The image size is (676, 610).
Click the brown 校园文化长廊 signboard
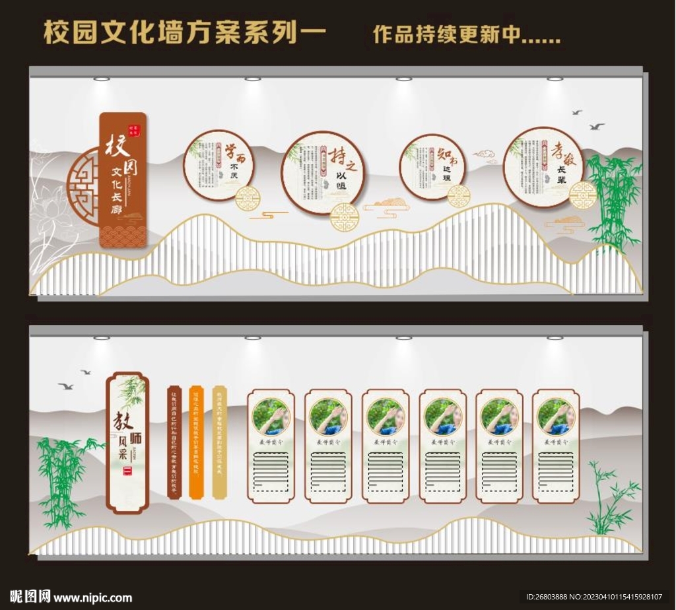pos(123,180)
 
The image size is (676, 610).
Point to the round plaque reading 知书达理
pos(432,167)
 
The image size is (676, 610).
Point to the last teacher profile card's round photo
pos(556,417)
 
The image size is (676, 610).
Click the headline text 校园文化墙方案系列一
pos(185,32)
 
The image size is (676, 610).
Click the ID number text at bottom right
pos(593,597)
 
